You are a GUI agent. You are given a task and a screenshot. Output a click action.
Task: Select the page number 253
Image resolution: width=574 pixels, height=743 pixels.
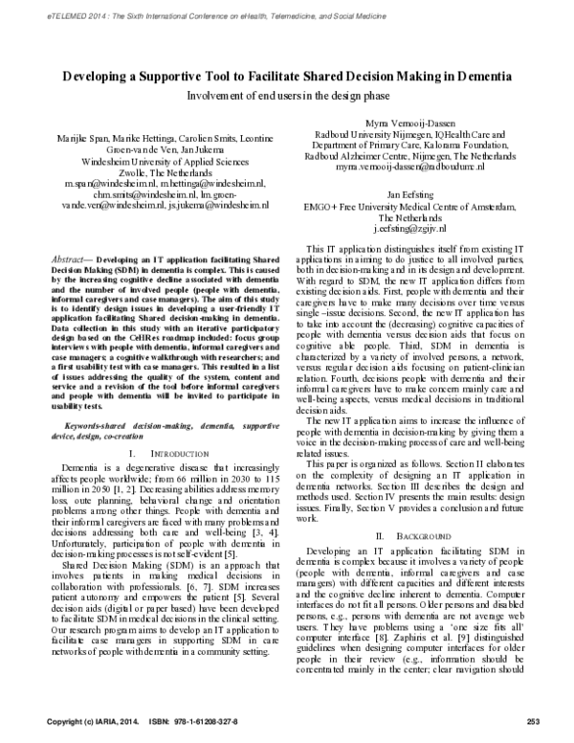534,720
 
